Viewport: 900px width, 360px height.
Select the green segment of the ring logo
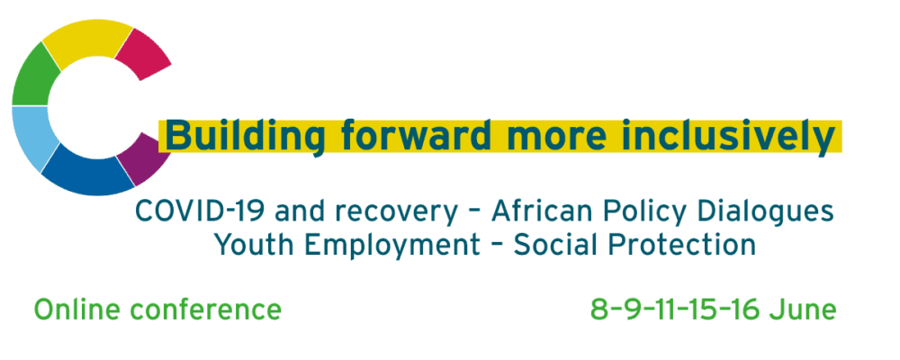33,77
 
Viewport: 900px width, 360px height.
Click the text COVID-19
201,211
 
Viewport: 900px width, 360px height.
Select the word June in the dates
803,310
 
